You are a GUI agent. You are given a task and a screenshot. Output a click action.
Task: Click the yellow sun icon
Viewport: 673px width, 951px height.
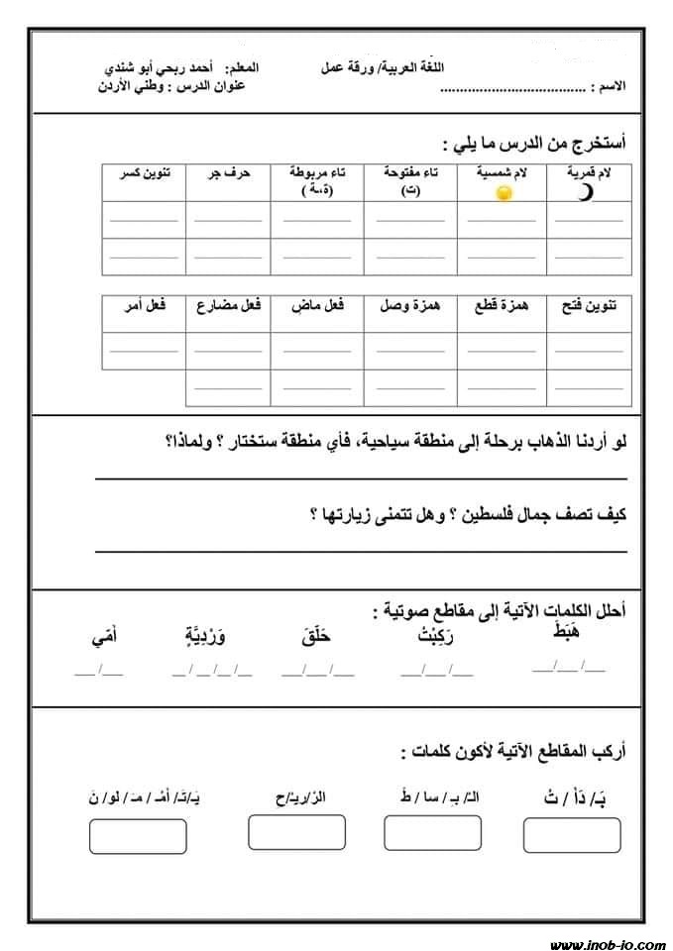[x=504, y=192]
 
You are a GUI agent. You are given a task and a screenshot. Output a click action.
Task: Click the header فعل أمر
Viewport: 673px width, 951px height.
[x=145, y=306]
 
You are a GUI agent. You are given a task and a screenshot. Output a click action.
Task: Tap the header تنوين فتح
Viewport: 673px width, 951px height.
[x=591, y=306]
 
